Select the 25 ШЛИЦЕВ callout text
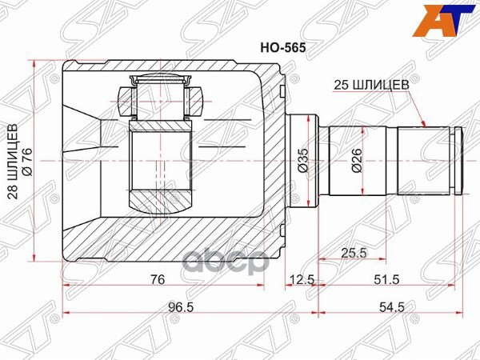coord(374,82)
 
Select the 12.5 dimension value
coord(301,279)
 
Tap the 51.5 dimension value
coord(388,279)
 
